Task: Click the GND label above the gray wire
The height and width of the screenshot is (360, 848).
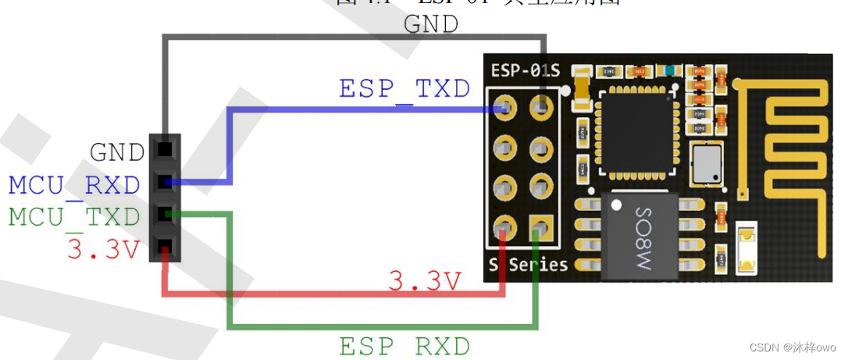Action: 431,24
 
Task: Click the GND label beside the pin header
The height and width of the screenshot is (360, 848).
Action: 117,151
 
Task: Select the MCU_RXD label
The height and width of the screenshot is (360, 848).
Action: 74,185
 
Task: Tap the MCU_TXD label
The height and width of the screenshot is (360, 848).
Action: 74,217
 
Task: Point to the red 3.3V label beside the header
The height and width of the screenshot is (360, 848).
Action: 104,250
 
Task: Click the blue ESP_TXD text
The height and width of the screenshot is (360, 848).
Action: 404,88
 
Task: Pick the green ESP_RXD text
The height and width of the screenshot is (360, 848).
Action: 404,345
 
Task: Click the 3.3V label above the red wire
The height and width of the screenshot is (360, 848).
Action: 426,281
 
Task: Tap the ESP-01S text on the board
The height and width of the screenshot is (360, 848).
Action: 526,71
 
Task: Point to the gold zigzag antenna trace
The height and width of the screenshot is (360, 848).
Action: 781,156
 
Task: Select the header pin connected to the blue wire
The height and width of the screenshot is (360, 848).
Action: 165,182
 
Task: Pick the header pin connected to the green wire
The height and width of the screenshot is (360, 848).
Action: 165,214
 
